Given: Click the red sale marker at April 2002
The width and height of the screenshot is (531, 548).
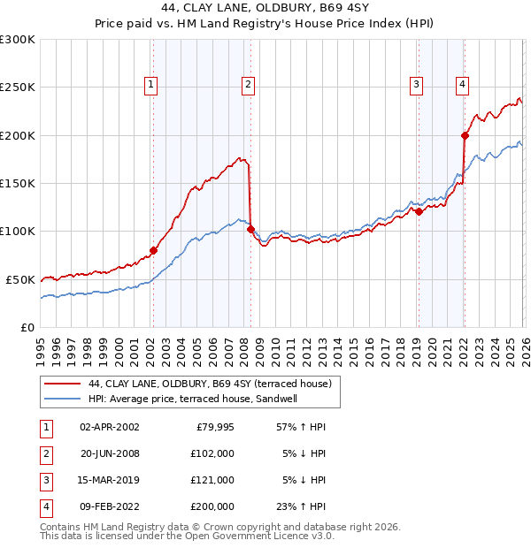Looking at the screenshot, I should pyautogui.click(x=153, y=250).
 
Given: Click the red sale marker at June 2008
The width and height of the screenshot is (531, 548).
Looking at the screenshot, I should pyautogui.click(x=250, y=229).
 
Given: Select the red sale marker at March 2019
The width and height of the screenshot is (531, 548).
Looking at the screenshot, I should pyautogui.click(x=418, y=211).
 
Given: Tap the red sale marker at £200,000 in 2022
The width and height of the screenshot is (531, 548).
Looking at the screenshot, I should pyautogui.click(x=464, y=135).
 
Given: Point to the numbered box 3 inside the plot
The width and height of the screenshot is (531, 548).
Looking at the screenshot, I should pyautogui.click(x=415, y=85).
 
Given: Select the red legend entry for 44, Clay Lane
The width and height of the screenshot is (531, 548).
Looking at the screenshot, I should pyautogui.click(x=209, y=384).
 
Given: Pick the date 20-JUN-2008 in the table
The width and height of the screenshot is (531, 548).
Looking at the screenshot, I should pyautogui.click(x=109, y=453).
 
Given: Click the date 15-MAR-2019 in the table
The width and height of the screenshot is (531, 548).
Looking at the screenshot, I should pyautogui.click(x=109, y=480).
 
